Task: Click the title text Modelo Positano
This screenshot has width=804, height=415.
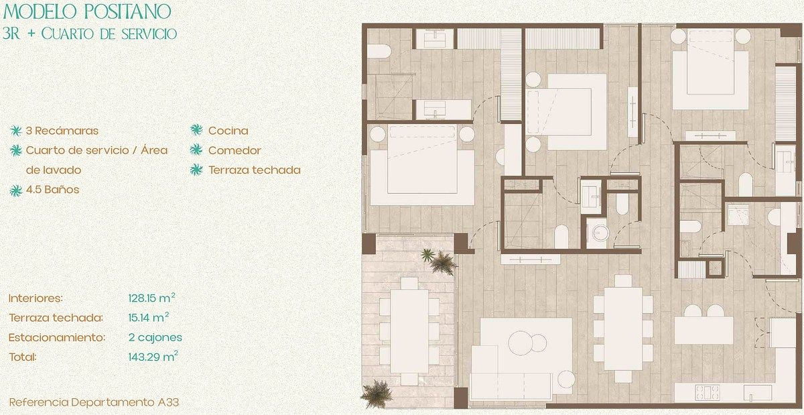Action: pyautogui.click(x=87, y=11)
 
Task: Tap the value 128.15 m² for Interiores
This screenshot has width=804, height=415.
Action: pyautogui.click(x=152, y=298)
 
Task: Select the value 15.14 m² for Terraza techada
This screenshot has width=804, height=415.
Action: pyautogui.click(x=149, y=317)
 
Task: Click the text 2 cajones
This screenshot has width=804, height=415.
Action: pyautogui.click(x=155, y=337)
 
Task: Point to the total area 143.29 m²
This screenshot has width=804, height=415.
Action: pyautogui.click(x=153, y=357)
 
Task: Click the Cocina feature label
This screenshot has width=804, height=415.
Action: pyautogui.click(x=228, y=131)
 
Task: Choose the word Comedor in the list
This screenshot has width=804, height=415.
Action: pyautogui.click(x=234, y=150)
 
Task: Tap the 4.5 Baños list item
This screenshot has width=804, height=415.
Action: pyautogui.click(x=52, y=189)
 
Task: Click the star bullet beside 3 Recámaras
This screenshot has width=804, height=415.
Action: pyautogui.click(x=16, y=131)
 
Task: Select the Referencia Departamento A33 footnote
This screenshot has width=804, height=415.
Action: pyautogui.click(x=94, y=402)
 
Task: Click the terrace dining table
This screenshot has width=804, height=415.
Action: pyautogui.click(x=409, y=331)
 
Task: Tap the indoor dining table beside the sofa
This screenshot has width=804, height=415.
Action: pyautogui.click(x=622, y=329)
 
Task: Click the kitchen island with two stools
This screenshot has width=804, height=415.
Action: pyautogui.click(x=703, y=331)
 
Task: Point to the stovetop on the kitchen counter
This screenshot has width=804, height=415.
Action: pyautogui.click(x=708, y=392)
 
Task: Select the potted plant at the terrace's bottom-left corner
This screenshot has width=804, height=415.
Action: pyautogui.click(x=377, y=394)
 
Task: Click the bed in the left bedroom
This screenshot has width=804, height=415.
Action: pyautogui.click(x=423, y=165)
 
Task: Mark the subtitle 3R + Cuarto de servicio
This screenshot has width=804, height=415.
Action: pyautogui.click(x=90, y=34)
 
